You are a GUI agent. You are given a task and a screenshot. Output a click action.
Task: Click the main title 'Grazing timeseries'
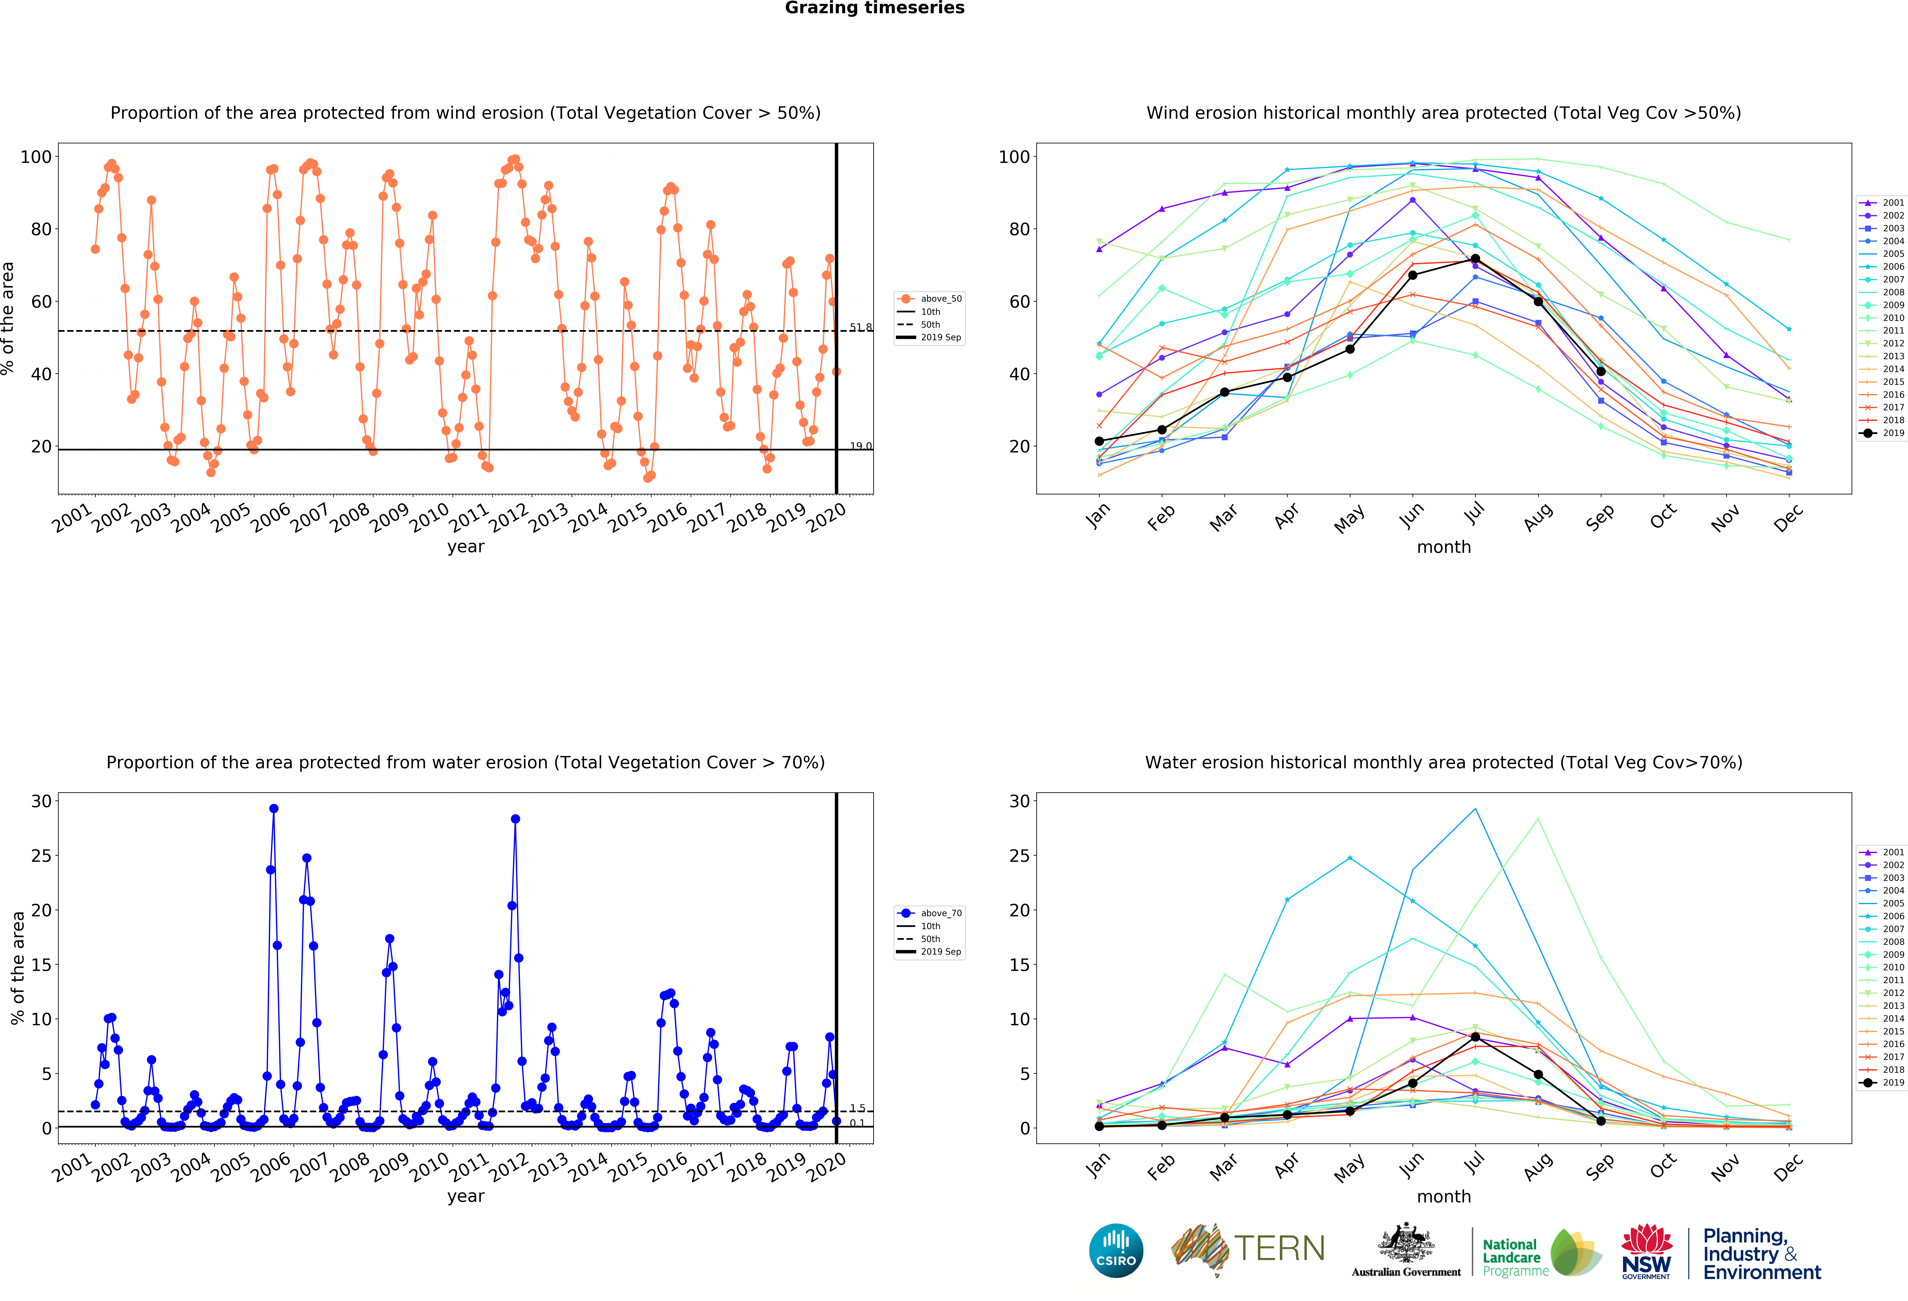pos(874,8)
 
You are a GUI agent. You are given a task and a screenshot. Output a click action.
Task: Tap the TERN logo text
pos(1279,1248)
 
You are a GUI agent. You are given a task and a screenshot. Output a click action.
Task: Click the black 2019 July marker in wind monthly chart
pos(1475,259)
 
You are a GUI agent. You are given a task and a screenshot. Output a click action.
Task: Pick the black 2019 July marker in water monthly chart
pos(1475,1037)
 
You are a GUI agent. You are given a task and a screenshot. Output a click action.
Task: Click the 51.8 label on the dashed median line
pos(860,328)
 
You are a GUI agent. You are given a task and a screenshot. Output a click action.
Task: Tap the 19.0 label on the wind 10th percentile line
pos(860,446)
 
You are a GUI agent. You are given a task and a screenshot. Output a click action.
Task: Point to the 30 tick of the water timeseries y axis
pos(41,801)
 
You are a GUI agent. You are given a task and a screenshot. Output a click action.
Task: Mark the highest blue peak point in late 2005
pos(273,808)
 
